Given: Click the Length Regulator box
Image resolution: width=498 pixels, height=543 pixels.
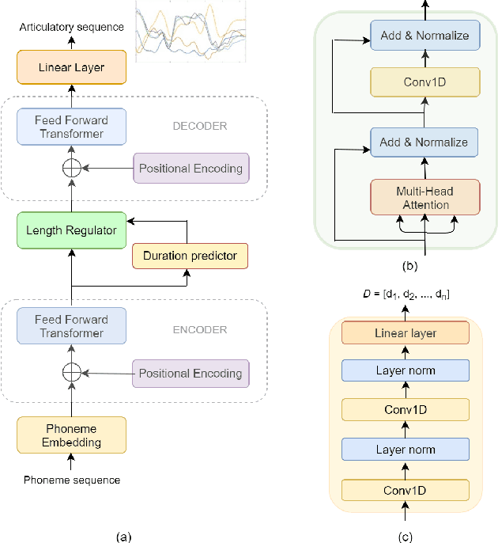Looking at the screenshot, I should coord(71,230).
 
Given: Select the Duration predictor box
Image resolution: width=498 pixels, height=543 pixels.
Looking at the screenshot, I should coord(190,256).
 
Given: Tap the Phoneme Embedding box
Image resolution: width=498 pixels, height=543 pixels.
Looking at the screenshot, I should coord(71,435).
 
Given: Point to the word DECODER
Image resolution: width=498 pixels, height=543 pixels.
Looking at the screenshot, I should coord(200,126).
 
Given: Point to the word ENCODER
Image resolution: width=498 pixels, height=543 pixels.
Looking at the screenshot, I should coord(200,330).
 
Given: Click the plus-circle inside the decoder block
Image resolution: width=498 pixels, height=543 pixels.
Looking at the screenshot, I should coord(71,169).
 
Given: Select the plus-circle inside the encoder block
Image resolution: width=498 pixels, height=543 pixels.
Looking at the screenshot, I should coord(71,372).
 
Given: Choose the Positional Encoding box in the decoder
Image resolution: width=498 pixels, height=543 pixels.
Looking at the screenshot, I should coord(191,169).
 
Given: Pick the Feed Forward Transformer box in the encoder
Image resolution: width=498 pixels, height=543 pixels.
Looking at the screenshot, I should coord(71,327).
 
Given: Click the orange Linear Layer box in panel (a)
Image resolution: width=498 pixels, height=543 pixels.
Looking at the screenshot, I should coord(71,67).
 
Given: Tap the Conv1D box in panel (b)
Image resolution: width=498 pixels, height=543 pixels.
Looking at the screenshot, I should coord(425,82).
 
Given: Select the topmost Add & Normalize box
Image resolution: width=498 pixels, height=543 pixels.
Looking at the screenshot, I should coord(425,36).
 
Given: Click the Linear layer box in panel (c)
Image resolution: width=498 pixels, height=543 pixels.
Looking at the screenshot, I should coord(405,333).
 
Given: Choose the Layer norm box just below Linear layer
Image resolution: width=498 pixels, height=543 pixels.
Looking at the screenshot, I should coord(405,370).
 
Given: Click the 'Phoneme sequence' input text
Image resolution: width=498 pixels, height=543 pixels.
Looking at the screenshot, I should coord(71,480).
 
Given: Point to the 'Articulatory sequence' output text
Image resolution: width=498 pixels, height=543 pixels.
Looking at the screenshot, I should coord(73,27).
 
